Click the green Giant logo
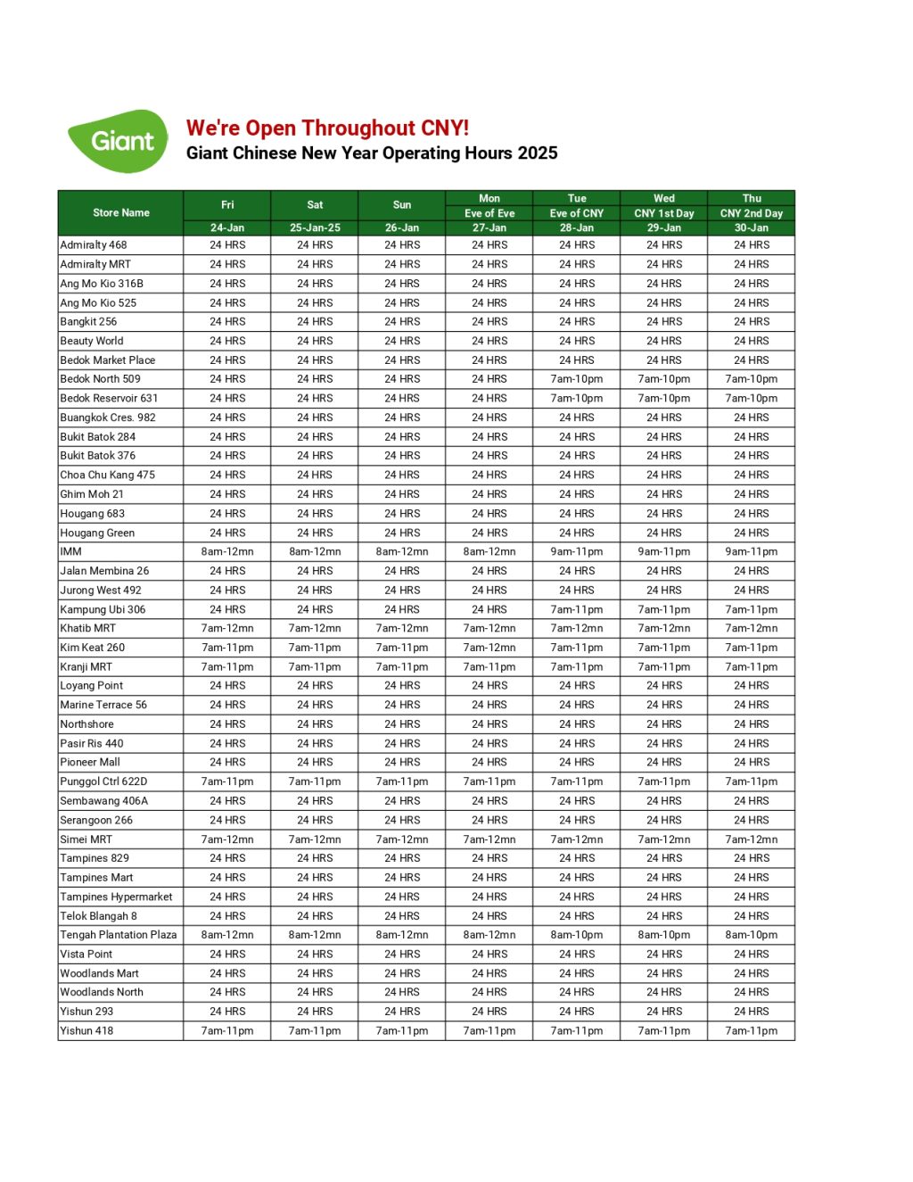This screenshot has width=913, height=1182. [x=119, y=141]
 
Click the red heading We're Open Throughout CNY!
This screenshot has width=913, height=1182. [x=327, y=128]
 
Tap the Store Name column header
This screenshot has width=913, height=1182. [x=121, y=213]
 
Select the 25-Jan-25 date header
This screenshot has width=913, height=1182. [x=315, y=228]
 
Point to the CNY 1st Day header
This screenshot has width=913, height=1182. [x=664, y=214]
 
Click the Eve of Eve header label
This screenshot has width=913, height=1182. [x=489, y=214]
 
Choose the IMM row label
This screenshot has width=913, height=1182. [x=71, y=552]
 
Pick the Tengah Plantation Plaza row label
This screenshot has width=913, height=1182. [x=119, y=936]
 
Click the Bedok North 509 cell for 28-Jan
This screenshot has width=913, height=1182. [x=577, y=379]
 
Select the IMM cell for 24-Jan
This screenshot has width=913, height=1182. [x=227, y=552]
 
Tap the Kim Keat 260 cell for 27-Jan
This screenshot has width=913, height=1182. [x=489, y=648]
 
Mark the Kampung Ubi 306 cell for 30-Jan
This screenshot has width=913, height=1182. [x=752, y=610]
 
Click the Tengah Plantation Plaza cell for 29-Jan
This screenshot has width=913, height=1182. [x=664, y=936]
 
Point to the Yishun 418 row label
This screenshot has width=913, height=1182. [x=86, y=1031]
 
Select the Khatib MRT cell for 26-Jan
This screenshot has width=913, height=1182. [x=402, y=629]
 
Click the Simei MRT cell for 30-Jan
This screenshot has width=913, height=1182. [x=752, y=839]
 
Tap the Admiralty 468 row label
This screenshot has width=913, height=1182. [x=94, y=245]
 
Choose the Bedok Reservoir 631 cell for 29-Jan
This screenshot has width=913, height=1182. [x=664, y=399]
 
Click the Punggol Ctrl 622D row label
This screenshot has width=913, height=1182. [x=103, y=782]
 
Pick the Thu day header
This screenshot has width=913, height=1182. [x=752, y=199]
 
